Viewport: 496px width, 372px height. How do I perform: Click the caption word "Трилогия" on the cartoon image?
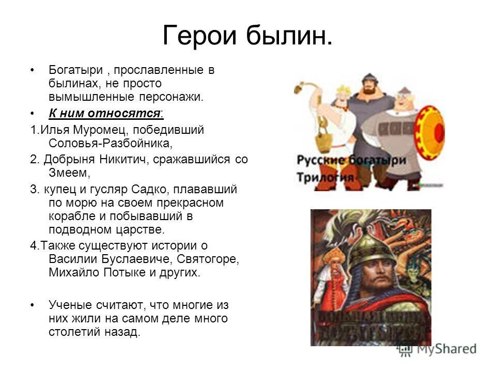326,177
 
